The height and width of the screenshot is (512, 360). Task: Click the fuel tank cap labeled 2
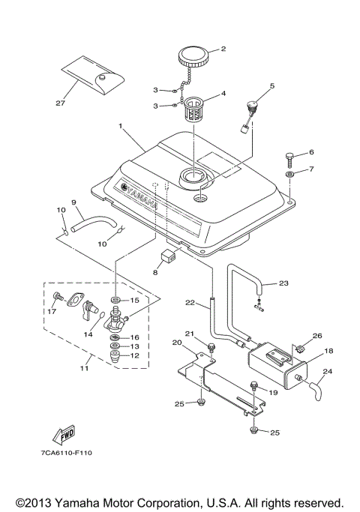coord(193,56)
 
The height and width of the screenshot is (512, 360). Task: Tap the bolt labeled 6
coord(289,158)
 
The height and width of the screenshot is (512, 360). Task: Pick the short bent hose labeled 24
coord(319,388)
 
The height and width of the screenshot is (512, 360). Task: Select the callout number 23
coord(283,283)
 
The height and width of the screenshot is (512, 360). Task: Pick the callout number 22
coord(190,303)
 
